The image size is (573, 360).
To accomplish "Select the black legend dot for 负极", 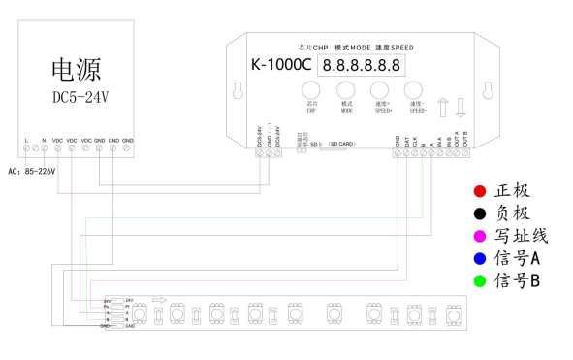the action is (479, 213).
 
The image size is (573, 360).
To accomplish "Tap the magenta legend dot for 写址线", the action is (479, 235).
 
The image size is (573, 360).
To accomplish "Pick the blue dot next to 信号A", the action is (479, 258).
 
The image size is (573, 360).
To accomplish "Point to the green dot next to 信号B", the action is (479, 280).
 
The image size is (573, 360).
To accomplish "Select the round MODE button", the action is (346, 92).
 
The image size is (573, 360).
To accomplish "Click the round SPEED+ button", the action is (380, 92).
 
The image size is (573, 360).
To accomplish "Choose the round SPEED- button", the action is (415, 92).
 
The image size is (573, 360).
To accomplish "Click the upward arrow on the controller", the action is (442, 104).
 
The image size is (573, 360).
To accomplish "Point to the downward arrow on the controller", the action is (462, 104).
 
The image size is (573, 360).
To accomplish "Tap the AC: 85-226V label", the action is (32, 171).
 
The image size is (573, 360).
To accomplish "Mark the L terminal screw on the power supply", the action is (26, 149).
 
